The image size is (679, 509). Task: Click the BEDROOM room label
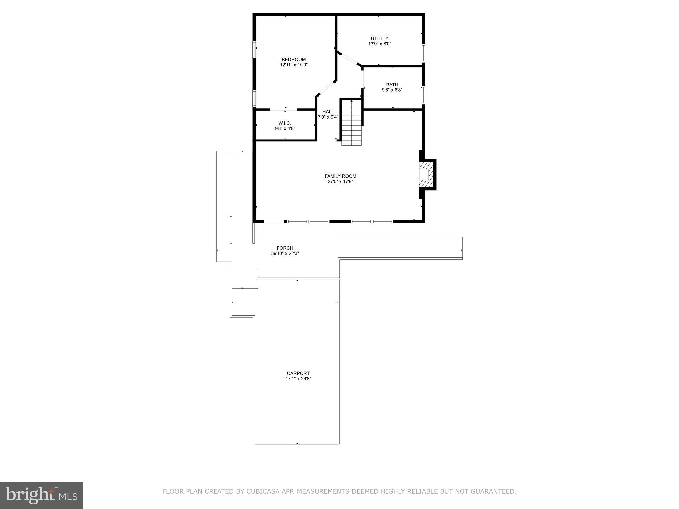294,59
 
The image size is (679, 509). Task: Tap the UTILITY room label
379,38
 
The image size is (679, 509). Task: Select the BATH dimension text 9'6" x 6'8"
392,90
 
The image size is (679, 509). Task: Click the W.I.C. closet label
285,123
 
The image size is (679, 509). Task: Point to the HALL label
328,112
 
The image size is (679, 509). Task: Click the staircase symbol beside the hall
351,123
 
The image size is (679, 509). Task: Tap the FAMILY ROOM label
340,176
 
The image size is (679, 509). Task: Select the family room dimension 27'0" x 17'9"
340,182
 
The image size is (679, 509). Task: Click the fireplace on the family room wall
426,175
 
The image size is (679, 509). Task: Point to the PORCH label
285,248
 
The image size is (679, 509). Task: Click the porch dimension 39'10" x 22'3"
285,254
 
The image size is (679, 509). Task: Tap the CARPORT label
298,373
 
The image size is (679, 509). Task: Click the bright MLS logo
41,495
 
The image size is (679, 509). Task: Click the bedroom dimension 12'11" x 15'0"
294,65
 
